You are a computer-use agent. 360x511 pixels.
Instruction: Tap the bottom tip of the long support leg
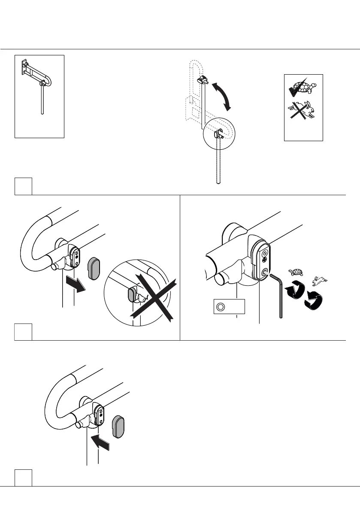(219, 183)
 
